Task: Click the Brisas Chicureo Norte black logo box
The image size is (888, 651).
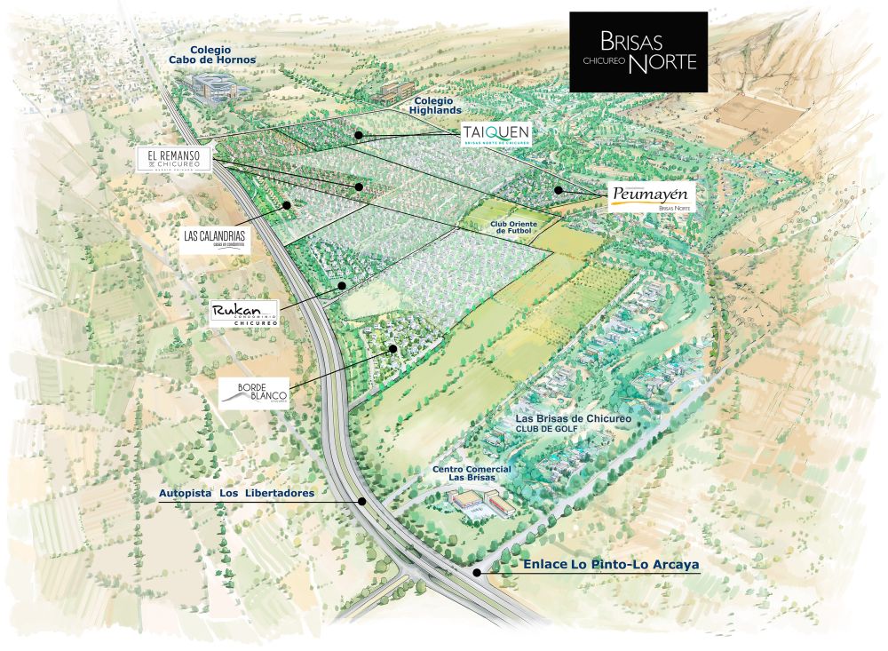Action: coord(638,52)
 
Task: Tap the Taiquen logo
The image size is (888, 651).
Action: coord(496,135)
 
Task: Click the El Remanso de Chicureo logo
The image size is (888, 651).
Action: coord(174,160)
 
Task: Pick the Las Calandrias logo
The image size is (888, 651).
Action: coord(213,238)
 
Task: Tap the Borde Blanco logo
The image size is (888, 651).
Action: coord(253,393)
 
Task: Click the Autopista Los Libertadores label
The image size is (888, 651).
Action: coord(236,493)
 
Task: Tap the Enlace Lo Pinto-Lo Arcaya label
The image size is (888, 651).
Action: coord(599,565)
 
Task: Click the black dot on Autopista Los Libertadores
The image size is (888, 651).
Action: coord(363,501)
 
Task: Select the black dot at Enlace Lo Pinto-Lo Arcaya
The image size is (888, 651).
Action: coord(478,573)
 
